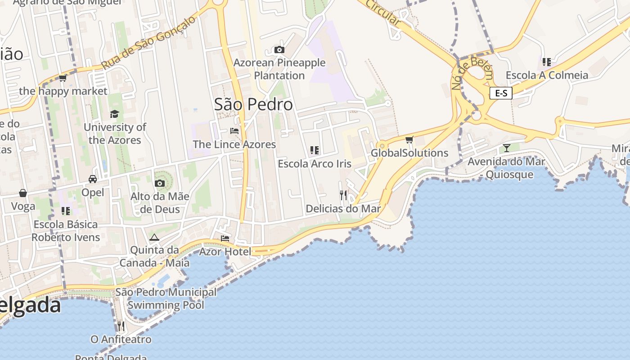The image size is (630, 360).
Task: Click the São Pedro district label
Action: pos(253,104)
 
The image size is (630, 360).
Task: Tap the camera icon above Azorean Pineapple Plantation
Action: pos(279,49)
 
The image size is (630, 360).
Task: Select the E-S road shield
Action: pos(501,93)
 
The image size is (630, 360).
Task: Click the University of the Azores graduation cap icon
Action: pos(114,114)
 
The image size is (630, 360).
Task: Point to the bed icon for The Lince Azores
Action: pos(234,131)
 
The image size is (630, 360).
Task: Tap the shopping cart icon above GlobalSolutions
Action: pos(409,140)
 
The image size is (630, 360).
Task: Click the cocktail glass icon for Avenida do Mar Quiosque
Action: pos(507,148)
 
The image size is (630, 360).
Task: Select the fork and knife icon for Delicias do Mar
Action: pos(343,195)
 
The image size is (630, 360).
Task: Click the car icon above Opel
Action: pos(93,179)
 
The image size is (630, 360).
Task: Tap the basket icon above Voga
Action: pos(23,193)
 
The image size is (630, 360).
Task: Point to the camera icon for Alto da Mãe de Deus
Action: pos(159,183)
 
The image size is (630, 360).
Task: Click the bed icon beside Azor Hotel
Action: pos(225,238)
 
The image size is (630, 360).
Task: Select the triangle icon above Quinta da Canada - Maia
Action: pos(154,237)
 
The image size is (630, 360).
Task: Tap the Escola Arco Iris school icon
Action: pos(315,150)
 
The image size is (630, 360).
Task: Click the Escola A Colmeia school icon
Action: pos(547,62)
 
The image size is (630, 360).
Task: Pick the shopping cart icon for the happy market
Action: pos(63,78)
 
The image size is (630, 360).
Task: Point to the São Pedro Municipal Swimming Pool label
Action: pos(166,298)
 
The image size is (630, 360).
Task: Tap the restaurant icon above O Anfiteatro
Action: pos(121,325)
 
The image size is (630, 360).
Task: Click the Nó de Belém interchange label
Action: pos(472,73)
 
